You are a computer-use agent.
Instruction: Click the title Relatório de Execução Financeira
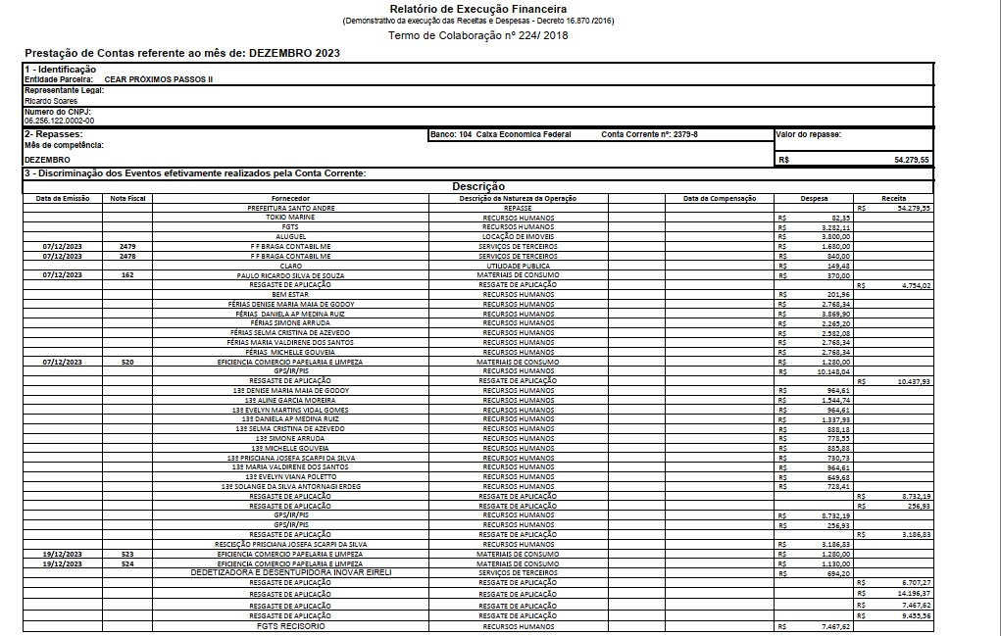[477, 9]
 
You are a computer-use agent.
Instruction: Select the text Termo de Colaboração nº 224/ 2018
[477, 35]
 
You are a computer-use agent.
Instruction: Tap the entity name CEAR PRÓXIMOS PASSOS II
[158, 78]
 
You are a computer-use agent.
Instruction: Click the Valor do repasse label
[809, 134]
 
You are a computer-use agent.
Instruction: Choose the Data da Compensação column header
[721, 198]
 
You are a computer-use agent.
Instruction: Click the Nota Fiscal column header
[128, 198]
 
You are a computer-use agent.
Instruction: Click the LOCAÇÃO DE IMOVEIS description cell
[518, 236]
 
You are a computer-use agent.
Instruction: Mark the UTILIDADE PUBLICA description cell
[518, 265]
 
